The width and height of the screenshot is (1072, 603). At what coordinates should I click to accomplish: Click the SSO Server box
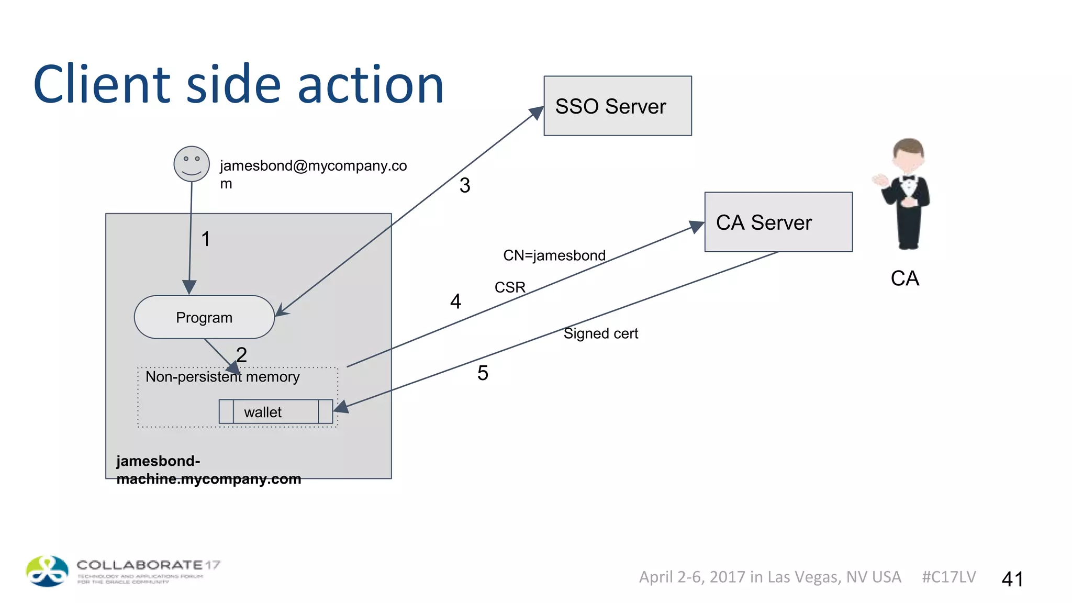click(x=617, y=106)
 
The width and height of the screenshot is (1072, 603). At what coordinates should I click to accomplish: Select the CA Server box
click(x=778, y=222)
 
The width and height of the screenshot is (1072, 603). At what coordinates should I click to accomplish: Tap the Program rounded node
click(x=204, y=317)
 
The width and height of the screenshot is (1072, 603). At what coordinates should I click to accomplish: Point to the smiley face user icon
click(x=192, y=164)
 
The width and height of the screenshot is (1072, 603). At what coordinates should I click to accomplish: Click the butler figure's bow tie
click(x=908, y=178)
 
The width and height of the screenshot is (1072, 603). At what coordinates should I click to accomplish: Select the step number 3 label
click(x=465, y=185)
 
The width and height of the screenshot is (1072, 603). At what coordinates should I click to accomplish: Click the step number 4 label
click(x=455, y=301)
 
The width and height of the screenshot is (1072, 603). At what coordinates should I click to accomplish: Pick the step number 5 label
click(x=483, y=373)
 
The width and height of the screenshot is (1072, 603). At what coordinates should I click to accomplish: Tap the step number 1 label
click(x=206, y=239)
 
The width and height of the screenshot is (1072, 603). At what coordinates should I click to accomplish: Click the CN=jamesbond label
click(x=554, y=255)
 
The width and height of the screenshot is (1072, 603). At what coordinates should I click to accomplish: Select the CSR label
click(x=509, y=287)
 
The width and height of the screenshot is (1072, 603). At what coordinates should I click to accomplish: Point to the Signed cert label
click(x=600, y=333)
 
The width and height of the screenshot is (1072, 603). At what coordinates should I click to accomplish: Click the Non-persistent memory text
click(x=222, y=377)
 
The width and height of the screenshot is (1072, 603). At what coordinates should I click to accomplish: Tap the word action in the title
click(x=371, y=85)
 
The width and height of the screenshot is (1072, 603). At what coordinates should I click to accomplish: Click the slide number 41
click(x=1012, y=579)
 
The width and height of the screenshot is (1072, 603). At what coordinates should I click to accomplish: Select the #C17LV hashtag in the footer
click(x=948, y=577)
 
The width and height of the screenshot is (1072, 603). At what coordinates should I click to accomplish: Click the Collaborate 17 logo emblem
click(x=47, y=571)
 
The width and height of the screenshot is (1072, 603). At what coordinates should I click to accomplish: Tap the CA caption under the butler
click(x=904, y=278)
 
